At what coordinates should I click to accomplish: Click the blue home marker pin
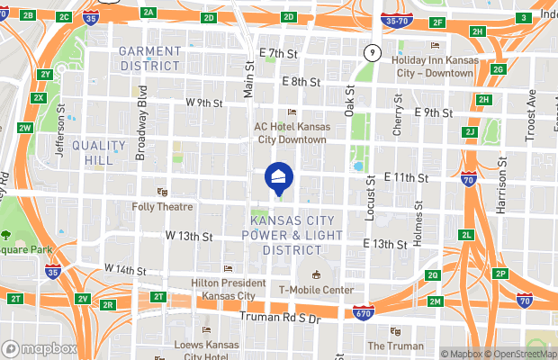[x=279, y=176]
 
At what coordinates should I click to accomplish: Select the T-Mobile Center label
[x=315, y=289]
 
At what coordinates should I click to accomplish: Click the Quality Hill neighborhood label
[x=99, y=152]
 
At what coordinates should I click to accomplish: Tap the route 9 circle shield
[x=370, y=54]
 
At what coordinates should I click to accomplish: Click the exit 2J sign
[x=469, y=132]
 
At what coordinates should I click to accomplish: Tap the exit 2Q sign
[x=433, y=275]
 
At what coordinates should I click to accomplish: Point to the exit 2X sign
[x=39, y=97]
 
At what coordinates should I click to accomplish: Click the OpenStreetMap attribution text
[x=517, y=353]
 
